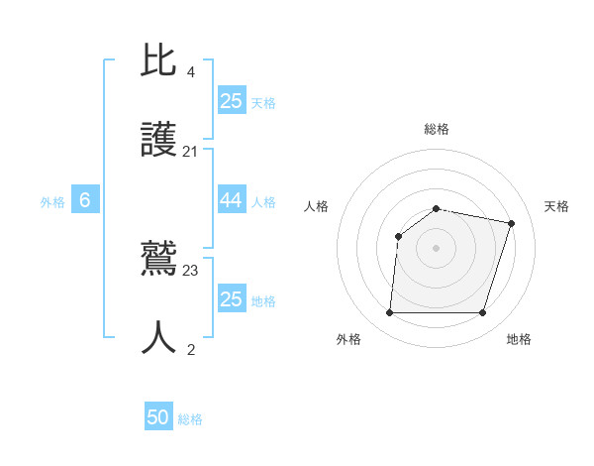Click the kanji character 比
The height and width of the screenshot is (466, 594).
(160, 61)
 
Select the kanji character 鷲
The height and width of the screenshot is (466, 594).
(160, 260)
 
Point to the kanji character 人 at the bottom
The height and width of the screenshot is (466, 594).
(160, 338)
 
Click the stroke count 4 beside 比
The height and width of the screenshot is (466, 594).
(191, 71)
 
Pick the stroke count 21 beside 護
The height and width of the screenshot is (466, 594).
(191, 153)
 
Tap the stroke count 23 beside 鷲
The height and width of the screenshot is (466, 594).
(191, 270)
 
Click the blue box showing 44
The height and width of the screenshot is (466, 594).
(231, 200)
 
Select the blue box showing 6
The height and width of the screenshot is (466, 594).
(85, 200)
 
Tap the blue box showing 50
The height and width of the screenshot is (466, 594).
(158, 417)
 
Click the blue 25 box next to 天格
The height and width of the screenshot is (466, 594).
(231, 100)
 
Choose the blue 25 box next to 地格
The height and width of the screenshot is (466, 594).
(231, 298)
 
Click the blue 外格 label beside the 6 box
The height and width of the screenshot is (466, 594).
(52, 202)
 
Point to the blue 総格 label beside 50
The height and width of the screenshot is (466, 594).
(190, 419)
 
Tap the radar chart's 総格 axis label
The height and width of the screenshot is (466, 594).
(437, 129)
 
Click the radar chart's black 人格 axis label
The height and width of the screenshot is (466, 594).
(317, 206)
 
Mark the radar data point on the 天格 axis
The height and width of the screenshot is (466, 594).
(511, 224)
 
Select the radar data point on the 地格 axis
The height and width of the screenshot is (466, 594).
(482, 313)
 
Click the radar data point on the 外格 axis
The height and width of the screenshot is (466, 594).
(390, 313)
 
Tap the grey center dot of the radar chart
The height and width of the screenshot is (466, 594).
(437, 248)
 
